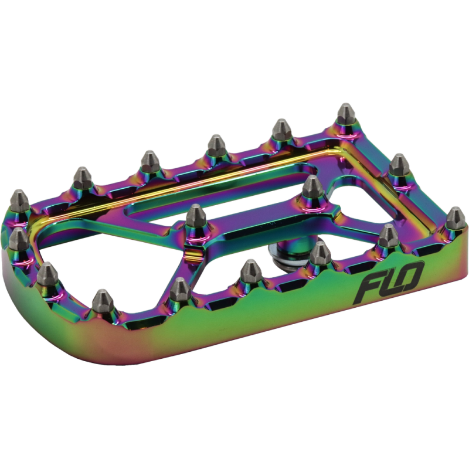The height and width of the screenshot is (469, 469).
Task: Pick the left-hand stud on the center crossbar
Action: tap(196, 216)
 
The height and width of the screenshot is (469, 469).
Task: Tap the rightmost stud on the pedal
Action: tap(456, 218)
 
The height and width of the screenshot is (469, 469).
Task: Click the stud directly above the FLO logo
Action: tap(388, 236)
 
